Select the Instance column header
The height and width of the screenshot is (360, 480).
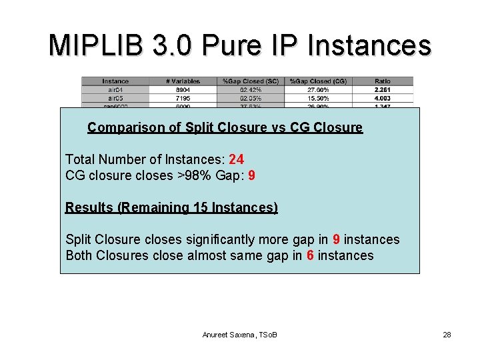[x=115, y=81]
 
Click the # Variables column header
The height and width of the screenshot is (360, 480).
[x=182, y=81]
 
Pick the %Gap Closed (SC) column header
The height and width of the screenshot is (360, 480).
[x=251, y=81]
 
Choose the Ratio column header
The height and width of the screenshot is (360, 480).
[x=383, y=81]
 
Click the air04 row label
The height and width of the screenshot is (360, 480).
[x=115, y=89]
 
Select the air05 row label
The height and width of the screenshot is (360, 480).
[x=115, y=97]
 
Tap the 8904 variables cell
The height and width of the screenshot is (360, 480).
[x=182, y=89]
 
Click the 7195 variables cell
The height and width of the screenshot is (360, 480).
[x=182, y=97]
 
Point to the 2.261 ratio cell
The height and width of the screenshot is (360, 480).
[x=383, y=89]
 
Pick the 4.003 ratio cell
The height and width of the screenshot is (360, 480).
[x=383, y=97]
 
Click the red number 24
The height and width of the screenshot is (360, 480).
[x=236, y=159]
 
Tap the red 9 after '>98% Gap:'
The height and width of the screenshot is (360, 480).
[x=251, y=176]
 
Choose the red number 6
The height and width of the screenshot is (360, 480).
[x=311, y=255]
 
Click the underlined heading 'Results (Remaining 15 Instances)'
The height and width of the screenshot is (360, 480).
[x=171, y=207]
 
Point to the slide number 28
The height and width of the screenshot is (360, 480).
[x=447, y=334]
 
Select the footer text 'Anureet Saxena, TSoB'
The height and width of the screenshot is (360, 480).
[x=239, y=334]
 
